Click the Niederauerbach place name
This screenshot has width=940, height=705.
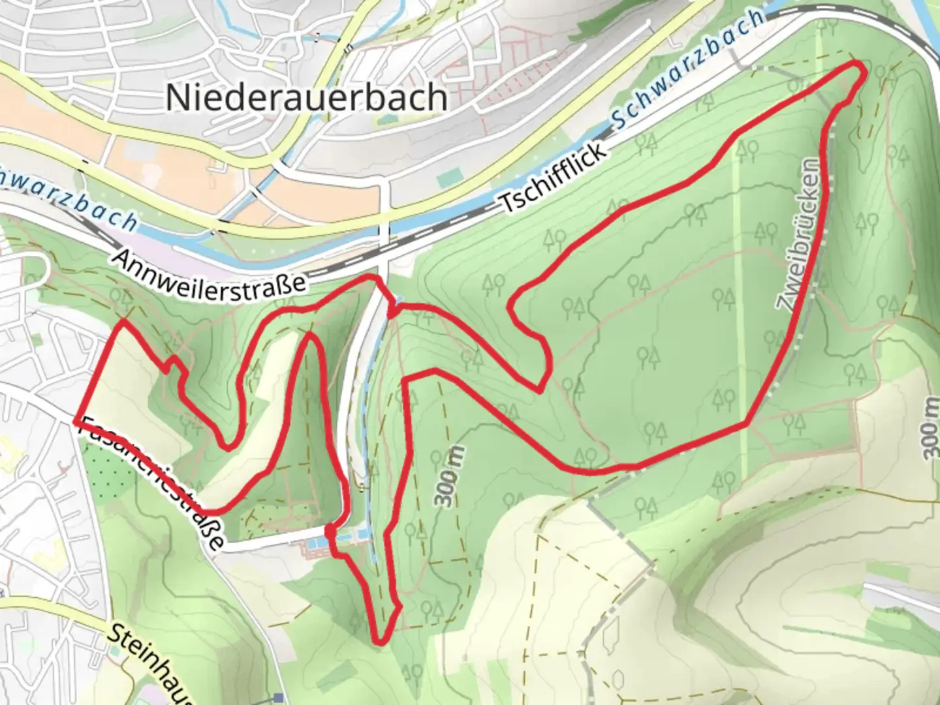[x=307, y=97]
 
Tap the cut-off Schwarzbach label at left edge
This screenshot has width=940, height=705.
[x=69, y=198]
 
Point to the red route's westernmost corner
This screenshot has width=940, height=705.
[x=76, y=422]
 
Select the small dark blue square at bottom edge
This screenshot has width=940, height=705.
[x=279, y=698]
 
